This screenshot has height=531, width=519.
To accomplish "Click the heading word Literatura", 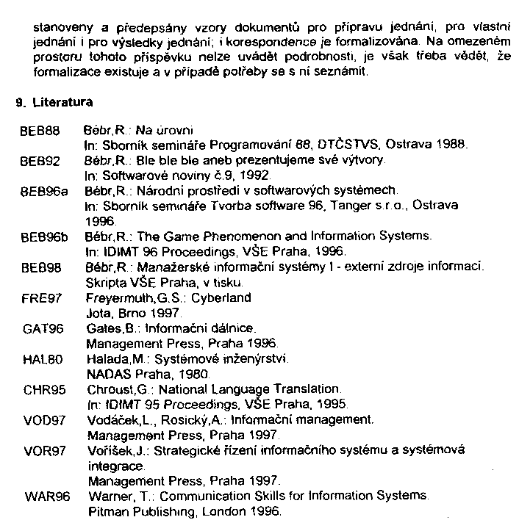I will [62, 104].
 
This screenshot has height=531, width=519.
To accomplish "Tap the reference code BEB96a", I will [42, 189].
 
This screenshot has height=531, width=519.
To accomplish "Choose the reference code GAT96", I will [39, 329].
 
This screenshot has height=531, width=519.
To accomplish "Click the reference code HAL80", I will [39, 360].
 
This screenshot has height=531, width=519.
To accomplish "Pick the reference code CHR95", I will [40, 390].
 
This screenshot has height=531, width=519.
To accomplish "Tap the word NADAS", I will [105, 375].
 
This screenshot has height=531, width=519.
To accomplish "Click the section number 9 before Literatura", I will [19, 104].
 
